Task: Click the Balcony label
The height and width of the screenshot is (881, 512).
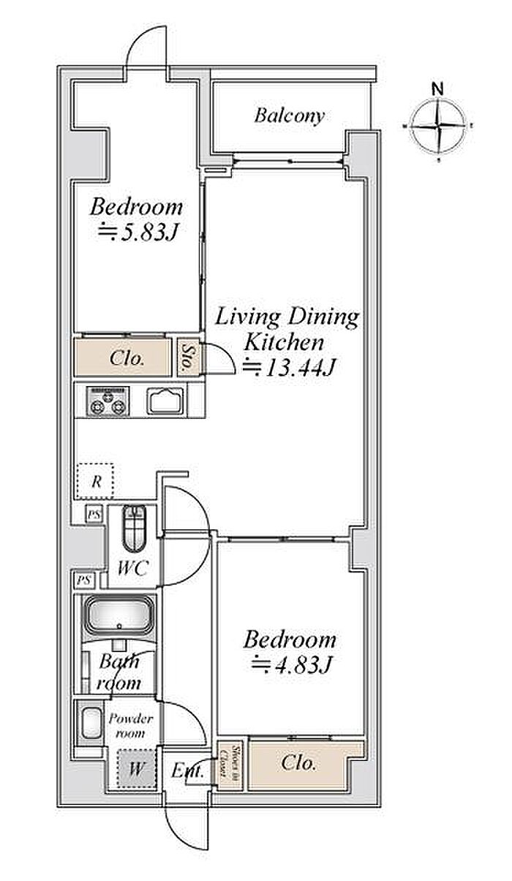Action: (x=289, y=116)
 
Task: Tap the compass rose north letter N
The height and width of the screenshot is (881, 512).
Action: (x=437, y=88)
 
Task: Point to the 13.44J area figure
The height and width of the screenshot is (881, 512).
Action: (x=288, y=368)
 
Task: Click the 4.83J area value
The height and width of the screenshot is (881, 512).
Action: (x=291, y=665)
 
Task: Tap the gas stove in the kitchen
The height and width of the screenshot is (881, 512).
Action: (x=108, y=401)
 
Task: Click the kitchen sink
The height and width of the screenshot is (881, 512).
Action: (x=165, y=401)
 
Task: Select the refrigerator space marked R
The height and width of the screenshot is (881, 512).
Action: (x=95, y=481)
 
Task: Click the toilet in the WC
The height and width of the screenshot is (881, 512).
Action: (x=134, y=527)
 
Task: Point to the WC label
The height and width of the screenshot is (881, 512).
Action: (x=133, y=568)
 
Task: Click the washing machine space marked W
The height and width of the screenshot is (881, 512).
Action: (x=136, y=768)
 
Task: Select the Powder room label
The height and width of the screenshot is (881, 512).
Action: (x=131, y=726)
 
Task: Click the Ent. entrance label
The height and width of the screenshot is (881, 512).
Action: (x=187, y=771)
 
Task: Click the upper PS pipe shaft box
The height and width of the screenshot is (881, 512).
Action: (x=94, y=514)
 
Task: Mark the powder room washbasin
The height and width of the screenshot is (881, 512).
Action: (x=91, y=725)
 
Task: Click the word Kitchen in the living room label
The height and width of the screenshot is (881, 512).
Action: (x=284, y=343)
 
